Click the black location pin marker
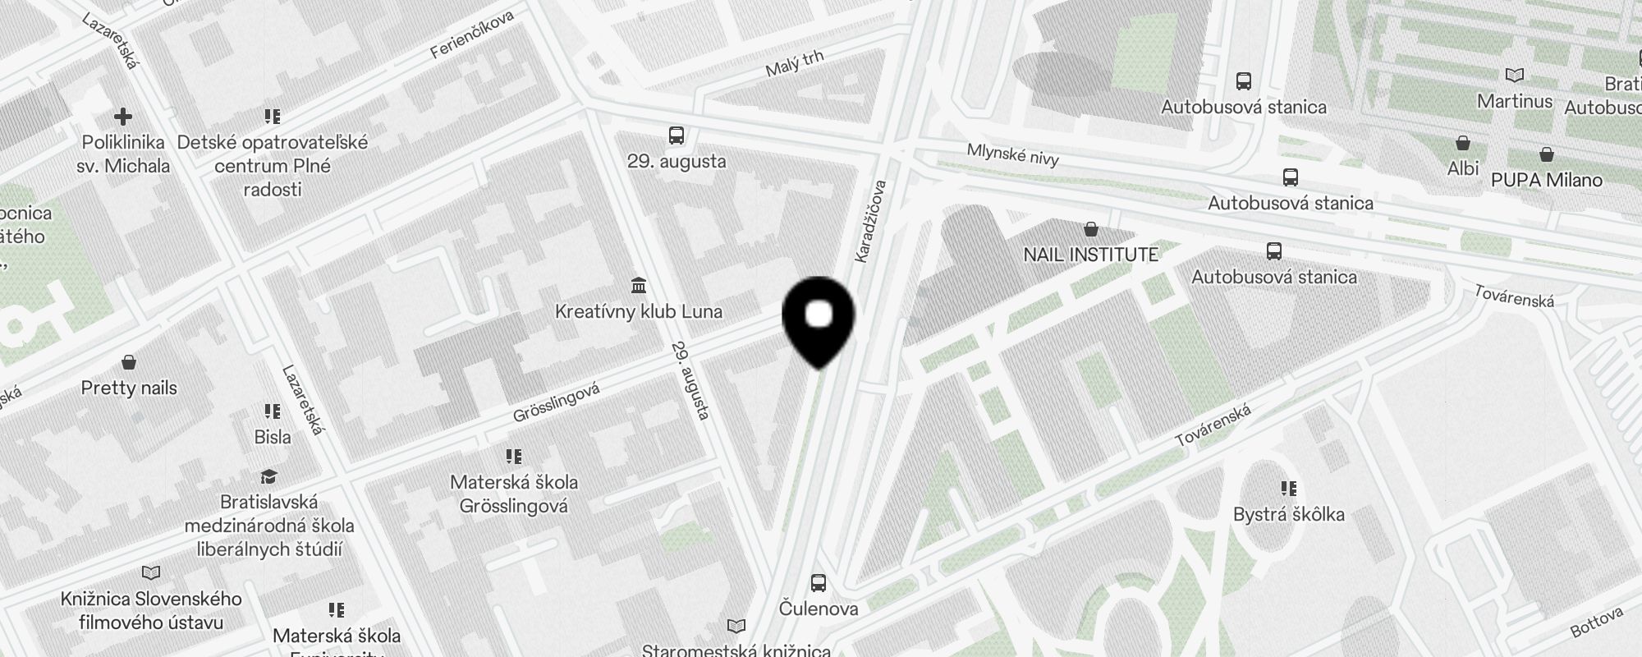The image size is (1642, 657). (819, 320)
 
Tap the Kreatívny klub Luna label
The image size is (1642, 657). (638, 312)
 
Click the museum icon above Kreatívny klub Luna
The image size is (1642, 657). (638, 285)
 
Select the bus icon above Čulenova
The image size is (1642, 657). (818, 583)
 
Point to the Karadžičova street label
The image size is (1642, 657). (871, 222)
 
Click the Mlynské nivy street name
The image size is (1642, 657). (1012, 154)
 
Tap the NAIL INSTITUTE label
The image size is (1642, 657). (1090, 255)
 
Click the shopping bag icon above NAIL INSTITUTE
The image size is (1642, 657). (1090, 228)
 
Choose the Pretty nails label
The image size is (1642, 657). (129, 388)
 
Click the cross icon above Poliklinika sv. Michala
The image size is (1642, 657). (123, 117)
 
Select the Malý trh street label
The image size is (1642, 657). (794, 64)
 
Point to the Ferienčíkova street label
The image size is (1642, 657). (472, 34)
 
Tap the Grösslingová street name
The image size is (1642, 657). (556, 402)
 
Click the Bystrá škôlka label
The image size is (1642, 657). (1288, 515)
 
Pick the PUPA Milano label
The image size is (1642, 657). (1546, 181)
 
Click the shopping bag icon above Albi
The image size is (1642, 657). (1462, 143)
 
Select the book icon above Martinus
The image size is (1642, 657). (1514, 76)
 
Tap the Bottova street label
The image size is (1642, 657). (1597, 622)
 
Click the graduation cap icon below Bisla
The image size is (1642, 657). (268, 477)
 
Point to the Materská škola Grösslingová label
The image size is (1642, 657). (514, 494)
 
